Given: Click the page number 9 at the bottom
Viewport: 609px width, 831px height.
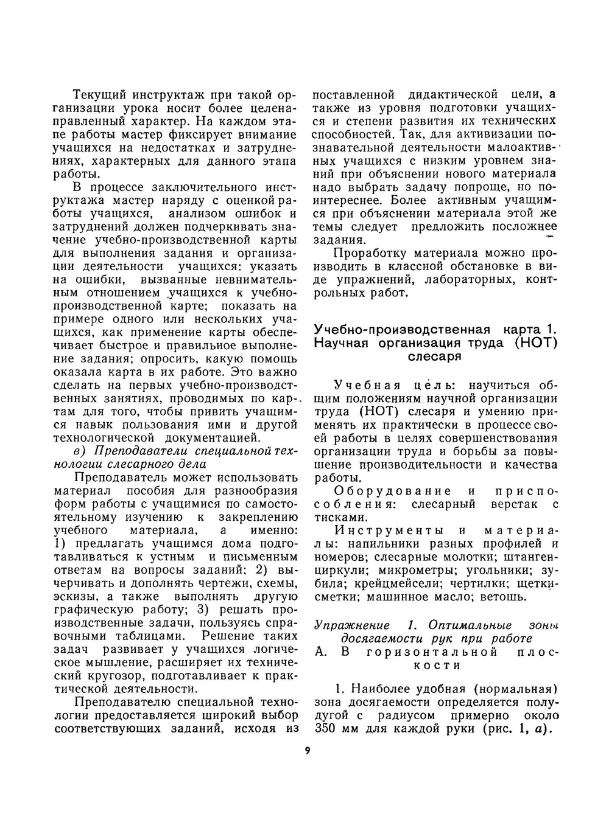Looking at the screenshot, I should click(x=308, y=750).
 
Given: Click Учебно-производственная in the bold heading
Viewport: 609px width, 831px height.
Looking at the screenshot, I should click(x=402, y=330).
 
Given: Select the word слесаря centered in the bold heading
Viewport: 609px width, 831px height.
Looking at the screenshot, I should click(x=434, y=356).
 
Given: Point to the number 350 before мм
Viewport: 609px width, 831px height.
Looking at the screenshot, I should click(x=328, y=729).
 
